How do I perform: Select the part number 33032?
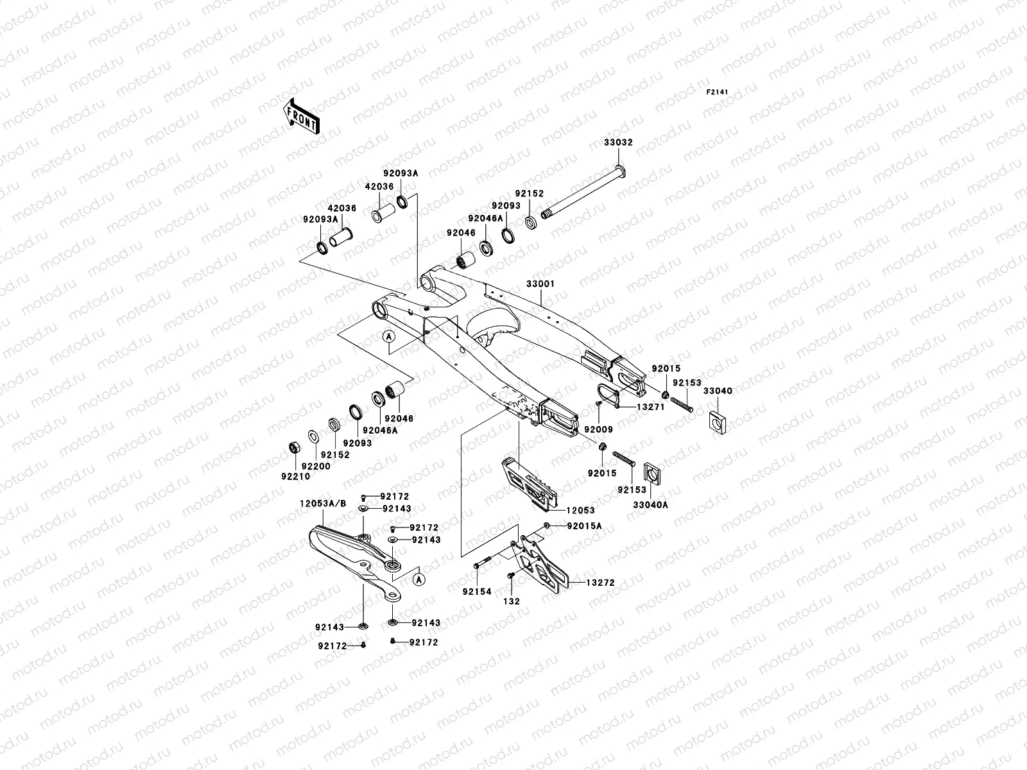(x=617, y=142)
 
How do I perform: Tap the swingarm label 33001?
(x=540, y=284)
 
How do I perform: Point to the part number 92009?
(x=598, y=429)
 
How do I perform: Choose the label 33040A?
(x=651, y=505)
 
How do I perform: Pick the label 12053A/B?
(x=322, y=504)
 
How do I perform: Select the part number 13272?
(x=600, y=583)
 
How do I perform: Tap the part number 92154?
(x=477, y=592)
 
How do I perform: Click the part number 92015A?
(x=584, y=526)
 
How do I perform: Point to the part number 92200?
(x=316, y=466)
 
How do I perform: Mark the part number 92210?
(x=295, y=477)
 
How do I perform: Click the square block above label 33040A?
(x=653, y=475)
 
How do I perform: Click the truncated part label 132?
(x=512, y=601)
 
